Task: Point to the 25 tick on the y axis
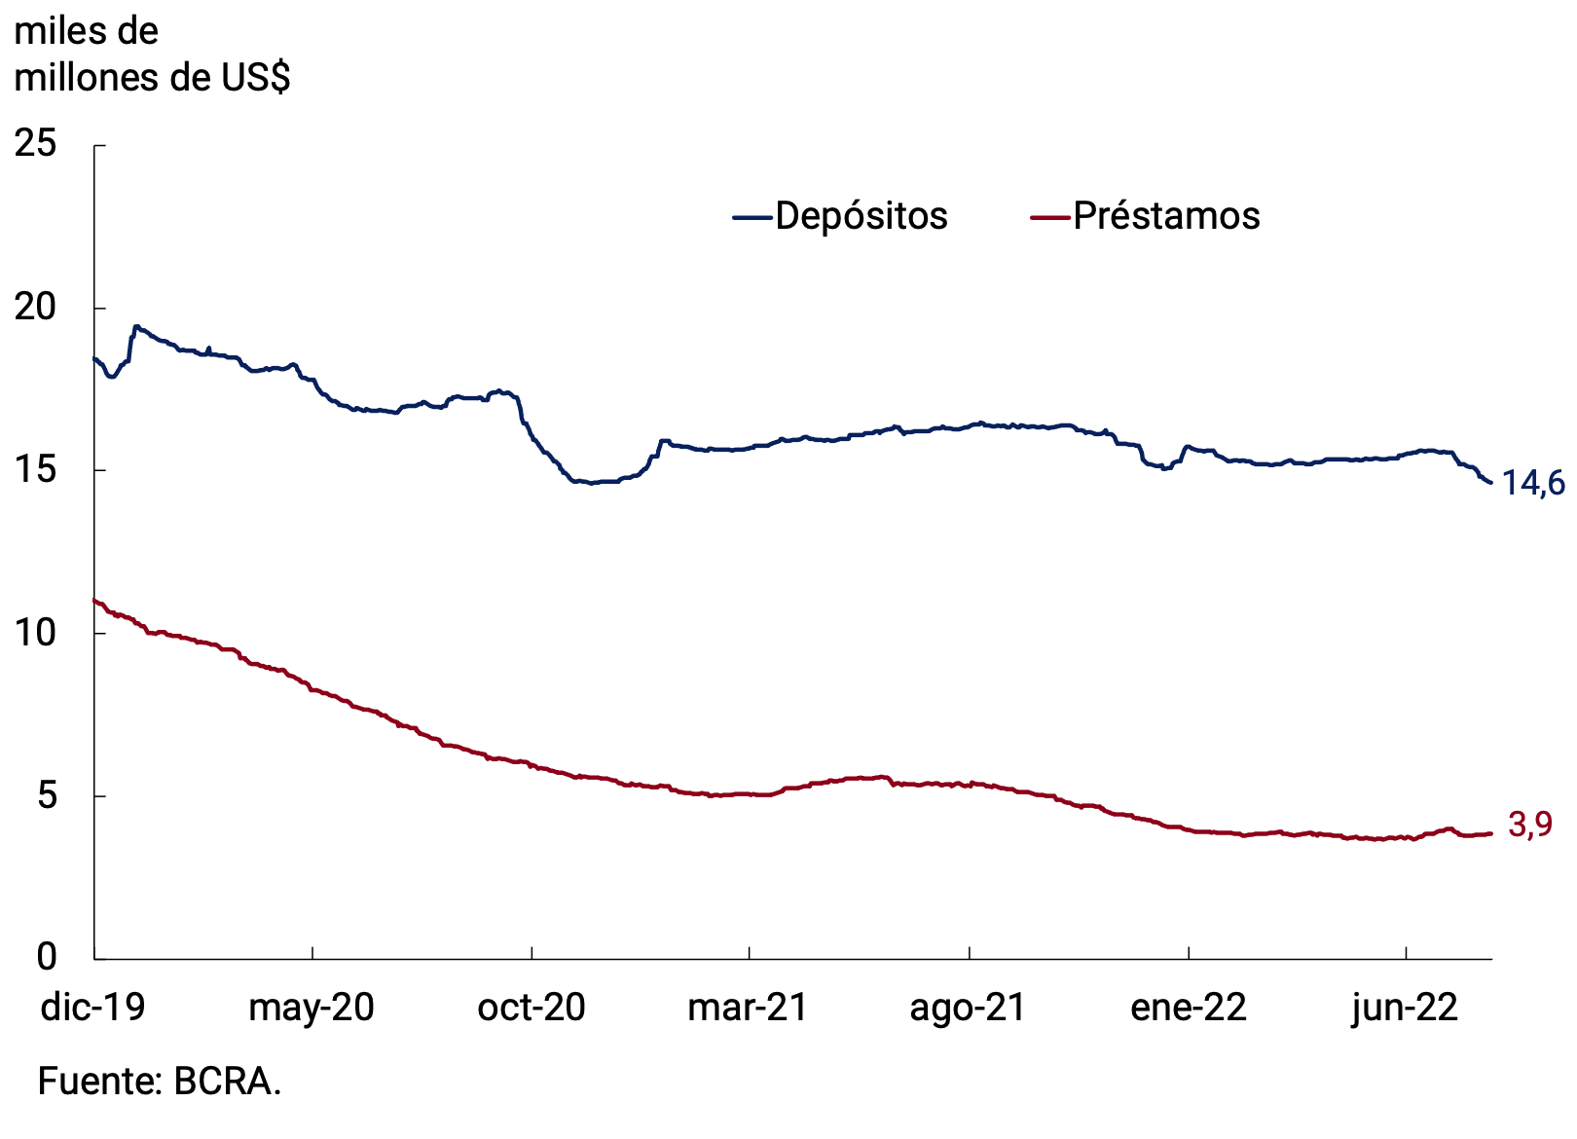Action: pyautogui.click(x=35, y=144)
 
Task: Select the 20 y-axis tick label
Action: pyautogui.click(x=35, y=307)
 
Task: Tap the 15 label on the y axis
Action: pyautogui.click(x=35, y=469)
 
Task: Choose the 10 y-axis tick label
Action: pyautogui.click(x=35, y=633)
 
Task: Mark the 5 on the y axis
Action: pyautogui.click(x=47, y=795)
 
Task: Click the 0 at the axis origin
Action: pyautogui.click(x=47, y=957)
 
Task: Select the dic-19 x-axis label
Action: pyautogui.click(x=92, y=1007)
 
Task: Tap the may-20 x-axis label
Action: pyautogui.click(x=312, y=1007)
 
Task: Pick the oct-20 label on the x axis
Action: pyautogui.click(x=532, y=1007)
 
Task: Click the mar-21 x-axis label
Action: pyautogui.click(x=748, y=1007)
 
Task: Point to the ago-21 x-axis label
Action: pyautogui.click(x=968, y=1007)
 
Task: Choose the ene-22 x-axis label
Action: pyautogui.click(x=1188, y=1007)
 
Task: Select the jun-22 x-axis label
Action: pyautogui.click(x=1405, y=1007)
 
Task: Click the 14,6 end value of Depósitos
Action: pyautogui.click(x=1533, y=482)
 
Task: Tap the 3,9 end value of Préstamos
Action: pyautogui.click(x=1529, y=825)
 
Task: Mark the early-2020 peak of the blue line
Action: pyautogui.click(x=136, y=327)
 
